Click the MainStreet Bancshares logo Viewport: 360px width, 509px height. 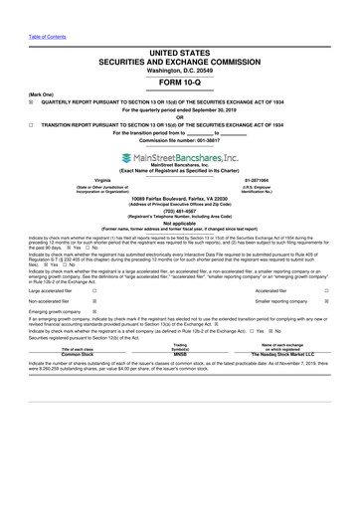[x=179, y=157]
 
